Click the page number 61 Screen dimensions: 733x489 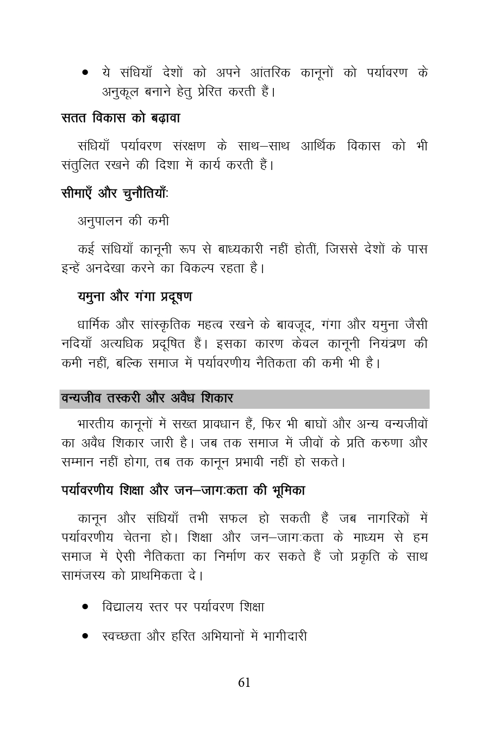click(x=244, y=683)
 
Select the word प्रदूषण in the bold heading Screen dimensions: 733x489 click(x=176, y=296)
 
